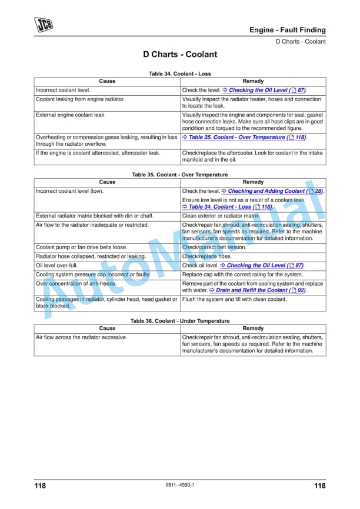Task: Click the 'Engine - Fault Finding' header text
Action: coord(287,30)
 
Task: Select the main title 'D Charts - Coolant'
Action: coord(180,55)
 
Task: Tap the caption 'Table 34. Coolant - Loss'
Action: coord(180,74)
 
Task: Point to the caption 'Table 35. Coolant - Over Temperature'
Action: coord(180,175)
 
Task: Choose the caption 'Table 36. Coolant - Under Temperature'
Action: coord(180,321)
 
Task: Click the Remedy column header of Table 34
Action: coord(253,81)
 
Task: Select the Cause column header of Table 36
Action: coord(107,329)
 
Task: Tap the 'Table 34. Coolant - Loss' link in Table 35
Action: coord(227,207)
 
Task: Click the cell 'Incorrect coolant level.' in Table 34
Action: coord(63,91)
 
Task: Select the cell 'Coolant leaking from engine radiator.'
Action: coord(80,99)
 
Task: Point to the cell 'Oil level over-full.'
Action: coord(56,266)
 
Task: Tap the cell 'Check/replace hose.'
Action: coord(206,256)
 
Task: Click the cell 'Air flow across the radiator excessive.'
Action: coord(81,337)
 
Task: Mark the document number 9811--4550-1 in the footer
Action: coord(180,484)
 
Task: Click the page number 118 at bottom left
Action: coord(40,485)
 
